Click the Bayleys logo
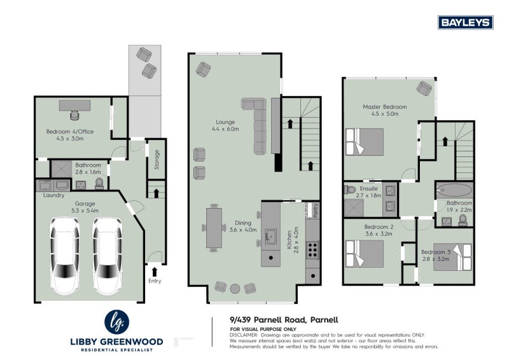tap(466, 22)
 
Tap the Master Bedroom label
tap(384, 107)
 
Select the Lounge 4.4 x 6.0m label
tap(225, 125)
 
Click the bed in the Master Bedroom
tap(365, 141)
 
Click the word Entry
tap(155, 280)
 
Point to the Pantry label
tap(312, 210)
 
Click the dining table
tap(213, 228)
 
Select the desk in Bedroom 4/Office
tap(75, 106)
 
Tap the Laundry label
tap(53, 195)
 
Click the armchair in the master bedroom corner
tap(424, 87)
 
